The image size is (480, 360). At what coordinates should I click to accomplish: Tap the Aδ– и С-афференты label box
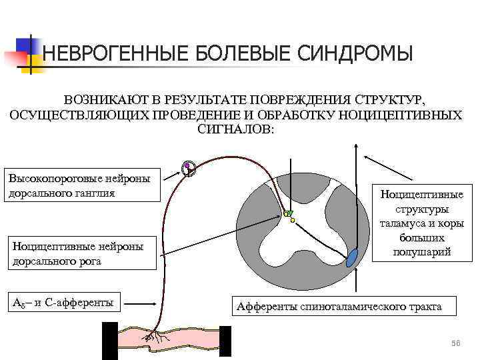62,303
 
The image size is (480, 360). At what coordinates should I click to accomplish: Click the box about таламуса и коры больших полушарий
420,223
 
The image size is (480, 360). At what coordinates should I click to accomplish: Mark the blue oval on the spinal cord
352,257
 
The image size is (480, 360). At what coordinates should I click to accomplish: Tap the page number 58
456,342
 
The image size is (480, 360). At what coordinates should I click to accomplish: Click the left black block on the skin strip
109,340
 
